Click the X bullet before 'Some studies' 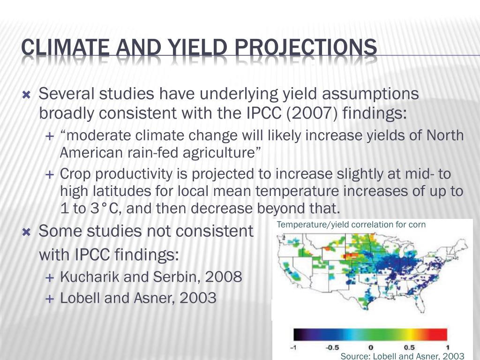coord(27,232)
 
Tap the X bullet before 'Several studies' coord(27,95)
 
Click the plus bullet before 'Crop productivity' coord(49,175)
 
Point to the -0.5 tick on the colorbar coord(332,348)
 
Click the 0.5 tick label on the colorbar coord(409,348)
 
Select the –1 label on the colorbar coord(293,348)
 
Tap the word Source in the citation coord(353,356)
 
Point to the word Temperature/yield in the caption coord(313,225)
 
